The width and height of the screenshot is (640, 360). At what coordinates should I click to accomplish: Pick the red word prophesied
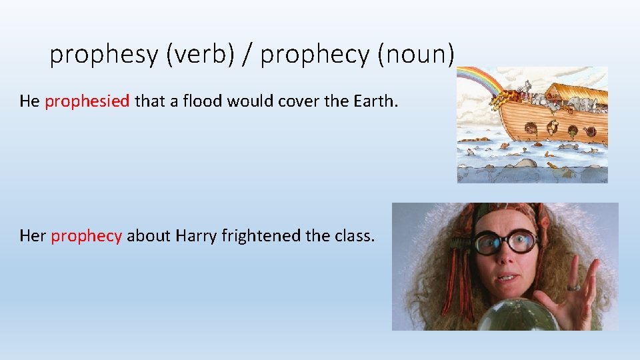[x=87, y=101]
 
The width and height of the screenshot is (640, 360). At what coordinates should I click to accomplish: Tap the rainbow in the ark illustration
[x=477, y=83]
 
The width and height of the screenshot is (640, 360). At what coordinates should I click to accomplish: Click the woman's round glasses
[x=507, y=242]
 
